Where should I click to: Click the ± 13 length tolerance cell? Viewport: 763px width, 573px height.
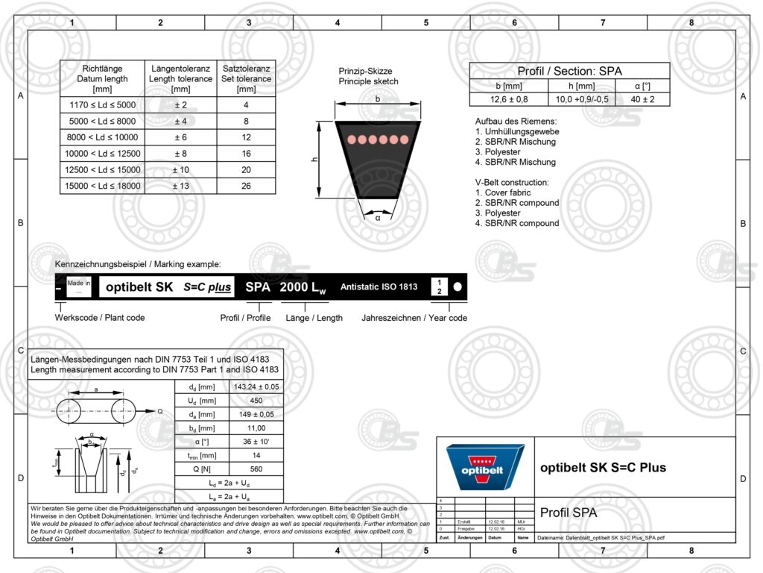pyautogui.click(x=180, y=186)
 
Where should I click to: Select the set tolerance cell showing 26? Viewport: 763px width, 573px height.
pyautogui.click(x=246, y=186)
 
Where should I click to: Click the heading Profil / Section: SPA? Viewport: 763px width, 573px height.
pyautogui.click(x=569, y=72)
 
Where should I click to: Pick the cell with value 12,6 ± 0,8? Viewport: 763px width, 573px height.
pyautogui.click(x=509, y=99)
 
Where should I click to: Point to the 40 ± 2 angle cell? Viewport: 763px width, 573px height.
pyautogui.click(x=642, y=99)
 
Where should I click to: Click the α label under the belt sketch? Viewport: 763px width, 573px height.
pyautogui.click(x=377, y=218)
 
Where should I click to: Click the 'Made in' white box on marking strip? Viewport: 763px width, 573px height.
pyautogui.click(x=78, y=287)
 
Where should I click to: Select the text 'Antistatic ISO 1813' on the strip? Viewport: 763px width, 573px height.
pyautogui.click(x=379, y=286)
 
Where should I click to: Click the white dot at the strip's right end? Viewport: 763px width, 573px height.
pyautogui.click(x=458, y=286)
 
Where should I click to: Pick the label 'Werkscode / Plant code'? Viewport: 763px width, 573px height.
pyautogui.click(x=100, y=318)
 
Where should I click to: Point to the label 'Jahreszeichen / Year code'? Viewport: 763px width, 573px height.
pyautogui.click(x=414, y=318)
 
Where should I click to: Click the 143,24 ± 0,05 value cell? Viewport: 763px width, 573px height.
pyautogui.click(x=256, y=386)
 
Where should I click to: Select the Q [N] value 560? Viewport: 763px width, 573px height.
pyautogui.click(x=256, y=469)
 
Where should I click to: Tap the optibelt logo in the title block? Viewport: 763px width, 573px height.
pyautogui.click(x=484, y=467)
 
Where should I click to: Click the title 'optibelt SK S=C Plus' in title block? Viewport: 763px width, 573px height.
pyautogui.click(x=603, y=468)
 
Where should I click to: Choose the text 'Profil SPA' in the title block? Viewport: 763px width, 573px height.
pyautogui.click(x=568, y=513)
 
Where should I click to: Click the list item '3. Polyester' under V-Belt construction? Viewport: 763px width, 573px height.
pyautogui.click(x=498, y=213)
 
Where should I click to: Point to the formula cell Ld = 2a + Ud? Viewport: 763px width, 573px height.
pyautogui.click(x=229, y=483)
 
